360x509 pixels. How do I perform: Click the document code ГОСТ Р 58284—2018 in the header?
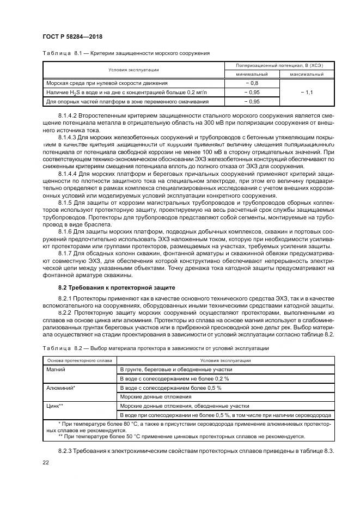coord(72,36)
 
